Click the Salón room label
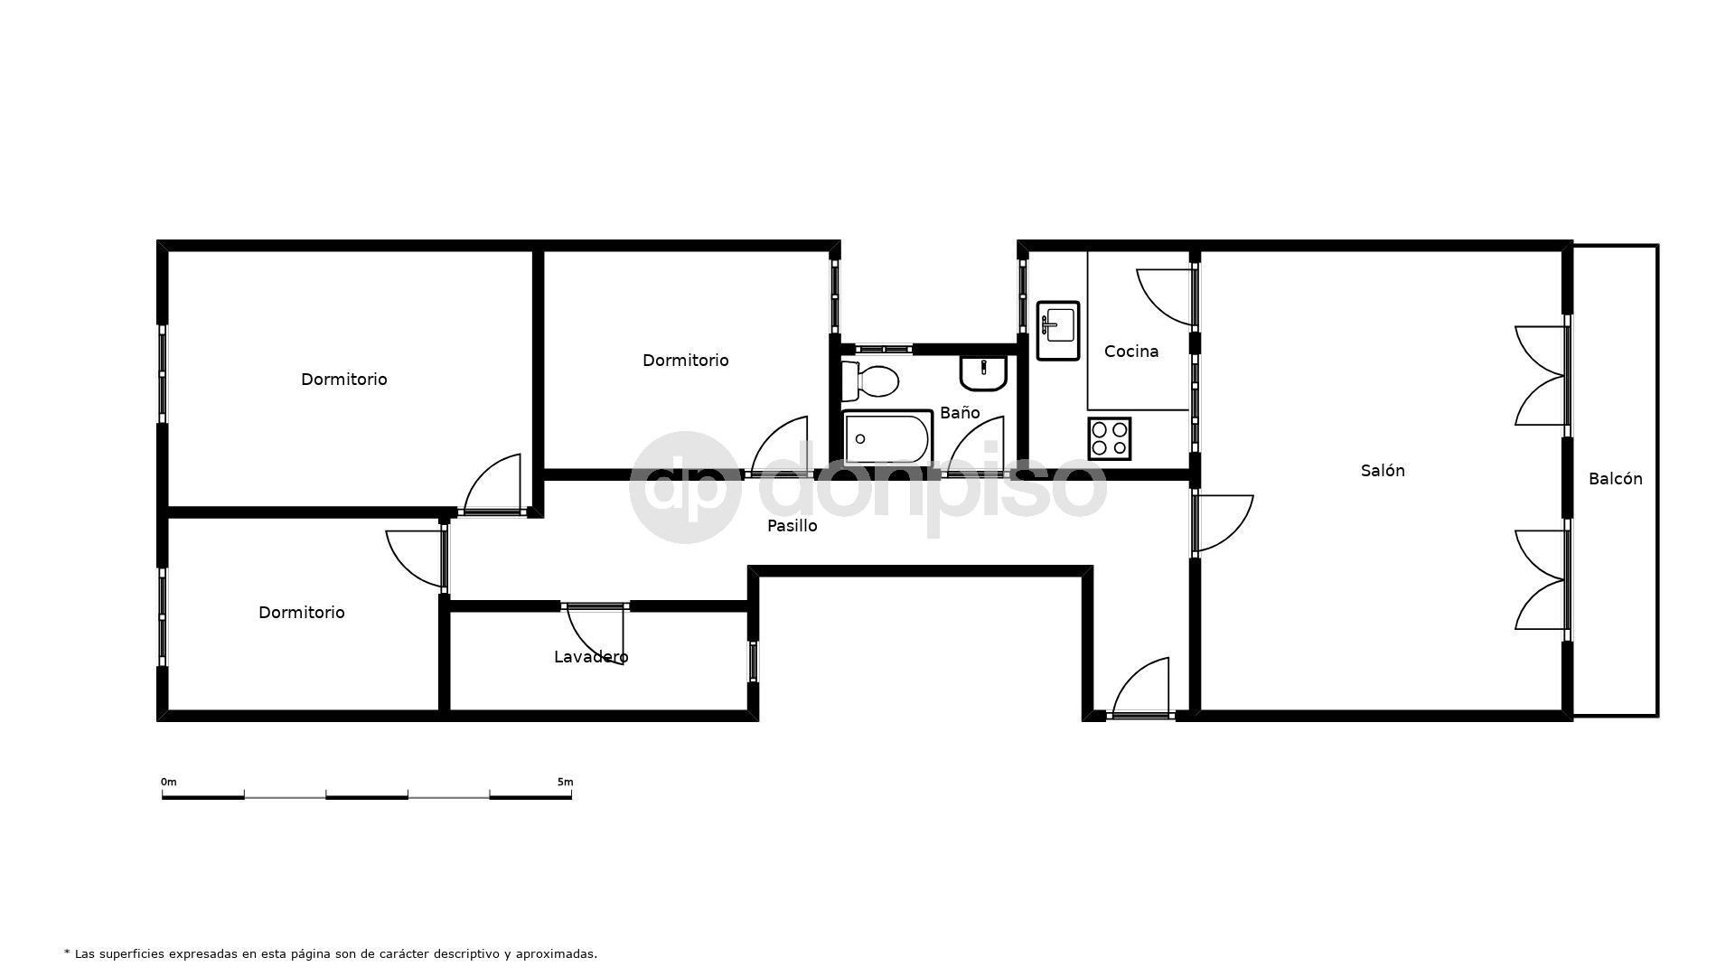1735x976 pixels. pos(1383,470)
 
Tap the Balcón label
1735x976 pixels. pos(1616,479)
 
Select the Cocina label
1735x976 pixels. pos(1131,352)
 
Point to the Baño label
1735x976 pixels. pos(960,412)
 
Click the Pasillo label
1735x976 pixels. pos(792,525)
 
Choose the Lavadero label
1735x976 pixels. pos(591,657)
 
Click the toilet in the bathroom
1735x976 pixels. pos(869,380)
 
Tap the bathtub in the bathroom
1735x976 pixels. pos(886,438)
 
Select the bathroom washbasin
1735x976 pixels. pos(983,372)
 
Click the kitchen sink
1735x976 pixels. pos(1058,331)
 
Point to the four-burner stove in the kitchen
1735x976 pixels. pos(1110,438)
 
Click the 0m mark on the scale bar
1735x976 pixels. pos(169,782)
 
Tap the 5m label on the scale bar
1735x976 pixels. pos(565,782)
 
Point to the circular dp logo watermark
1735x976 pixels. pos(686,487)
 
